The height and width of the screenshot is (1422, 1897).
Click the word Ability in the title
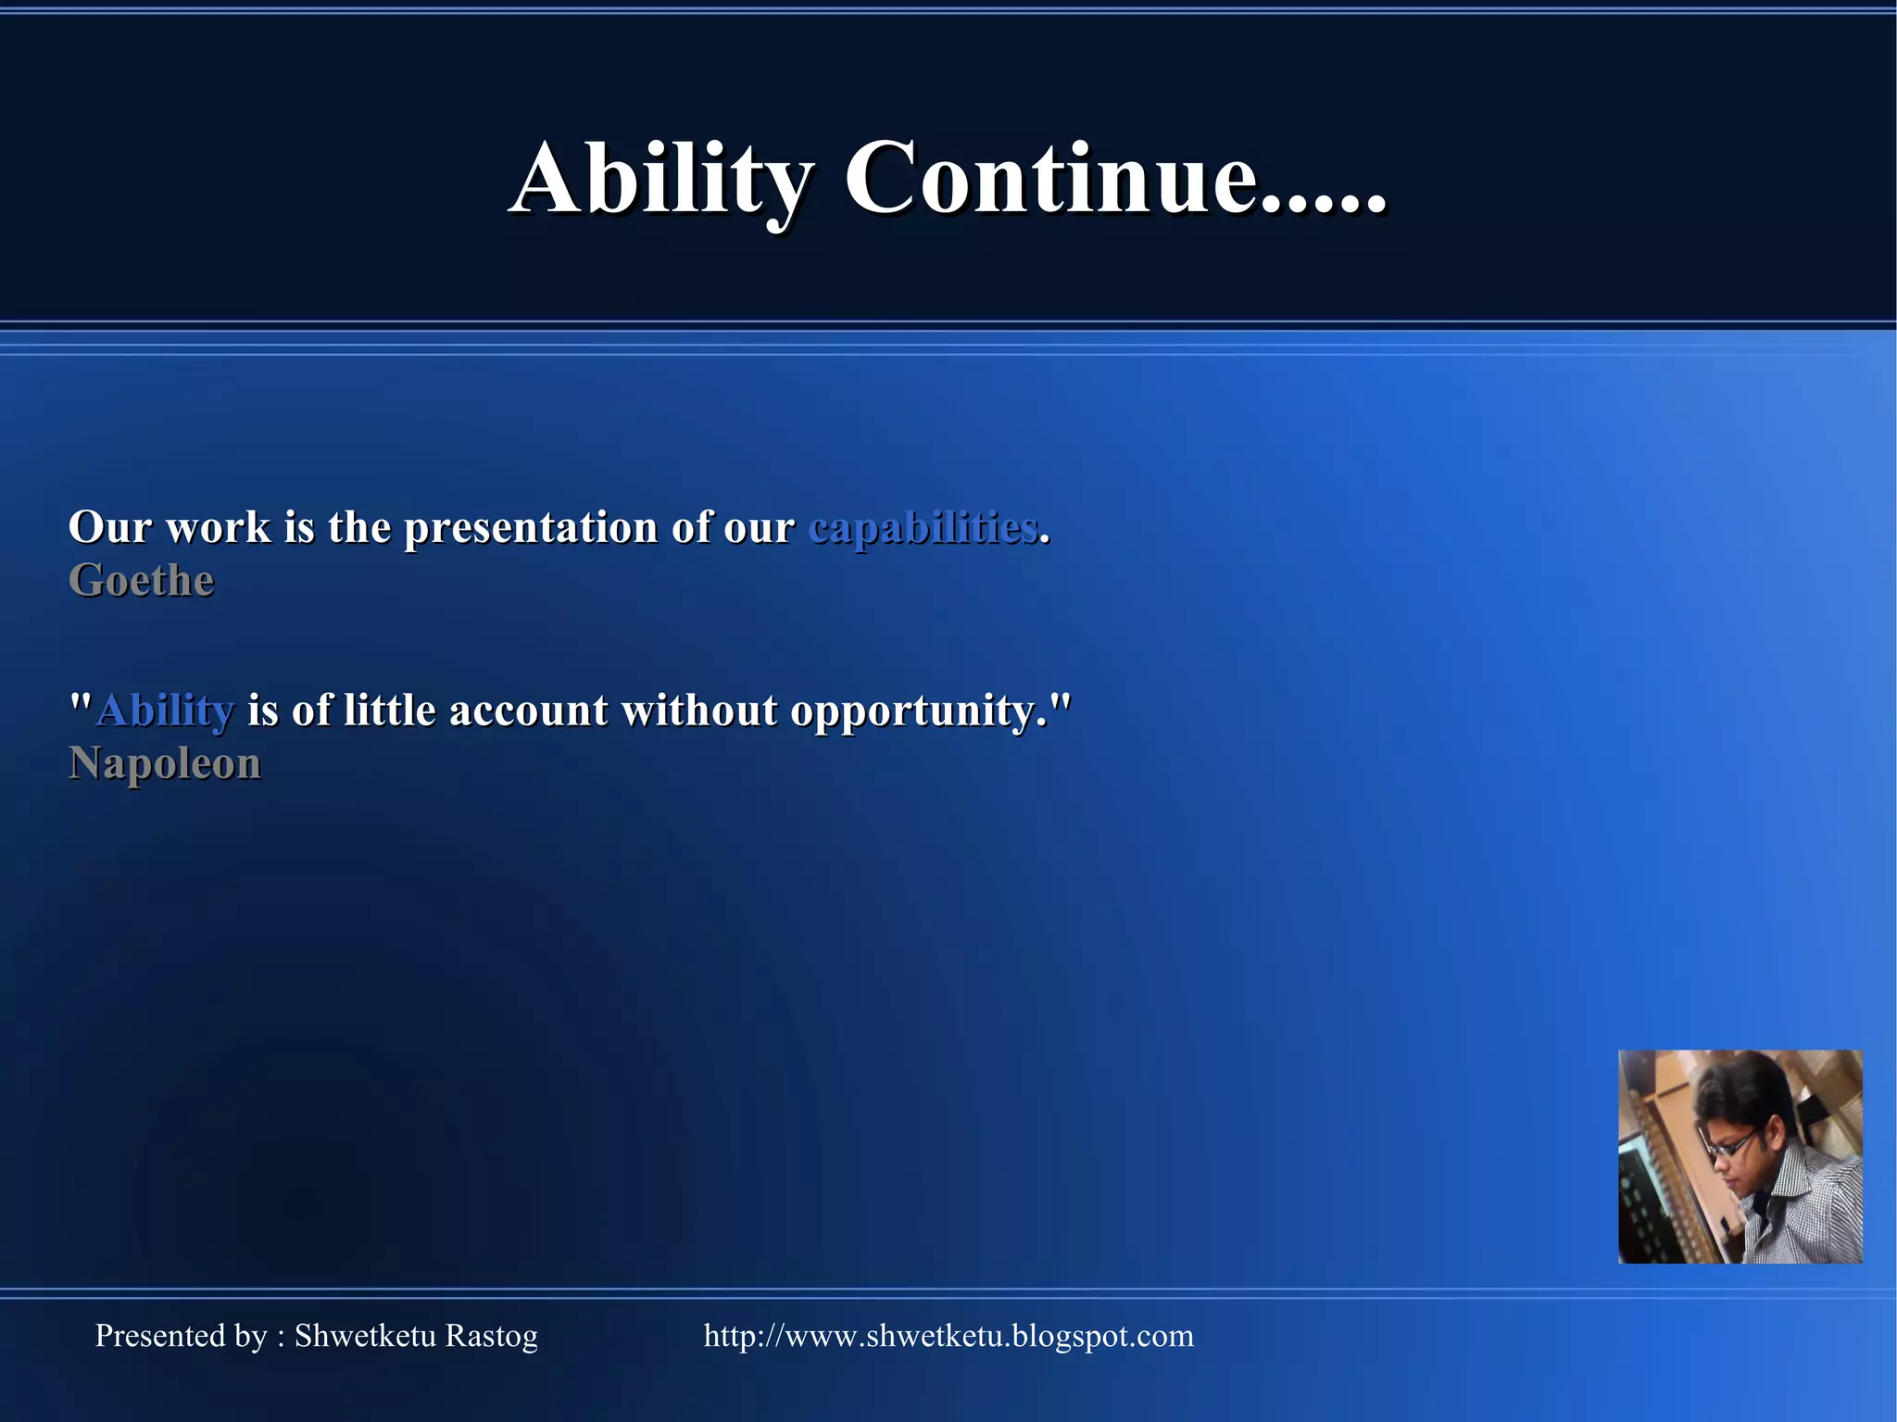point(661,178)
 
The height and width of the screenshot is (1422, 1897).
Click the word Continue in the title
point(1050,178)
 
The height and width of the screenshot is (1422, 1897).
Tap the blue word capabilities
point(923,528)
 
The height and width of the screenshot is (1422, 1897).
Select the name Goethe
point(142,581)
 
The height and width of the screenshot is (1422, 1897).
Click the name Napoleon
point(165,764)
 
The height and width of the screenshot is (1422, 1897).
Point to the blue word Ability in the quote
point(166,711)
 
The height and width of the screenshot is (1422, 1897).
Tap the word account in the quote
point(529,711)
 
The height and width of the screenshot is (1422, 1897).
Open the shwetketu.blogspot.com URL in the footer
point(948,1336)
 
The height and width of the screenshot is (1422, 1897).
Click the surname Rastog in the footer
point(491,1336)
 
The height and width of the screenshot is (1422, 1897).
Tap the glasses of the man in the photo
point(1730,1146)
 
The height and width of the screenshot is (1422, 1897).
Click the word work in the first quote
point(219,528)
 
